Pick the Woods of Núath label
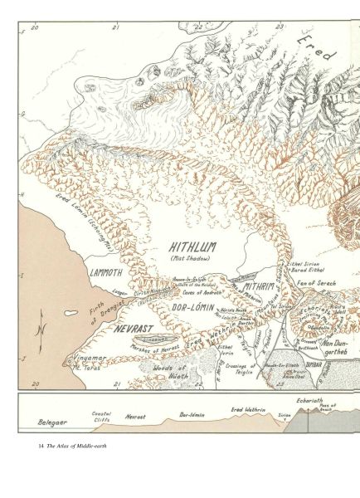click(x=168, y=370)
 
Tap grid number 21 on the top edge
click(x=117, y=27)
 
